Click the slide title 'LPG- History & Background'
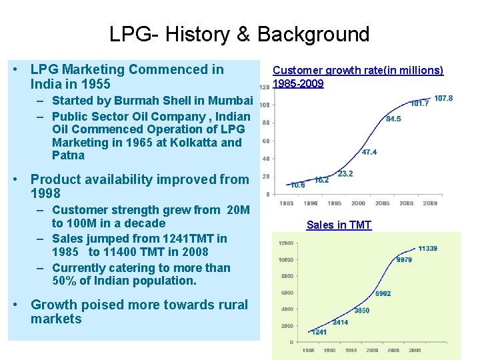point(239,34)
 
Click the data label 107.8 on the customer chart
point(443,99)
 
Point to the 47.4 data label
point(369,152)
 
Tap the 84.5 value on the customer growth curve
point(393,119)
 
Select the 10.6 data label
point(298,185)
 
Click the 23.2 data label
point(345,174)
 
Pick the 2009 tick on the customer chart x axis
point(430,203)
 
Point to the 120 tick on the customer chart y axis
point(265,87)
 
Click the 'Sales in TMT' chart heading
point(339,225)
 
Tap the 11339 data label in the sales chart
point(428,249)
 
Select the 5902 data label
point(383,293)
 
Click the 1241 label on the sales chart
point(319,331)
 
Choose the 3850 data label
point(362,311)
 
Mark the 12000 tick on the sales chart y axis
point(286,243)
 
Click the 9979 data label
point(404,260)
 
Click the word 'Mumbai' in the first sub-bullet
point(231,101)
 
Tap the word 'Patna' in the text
point(68,155)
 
